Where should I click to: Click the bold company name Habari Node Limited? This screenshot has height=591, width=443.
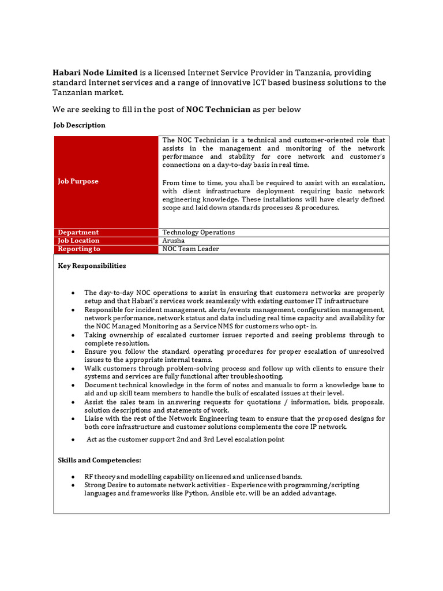[x=96, y=73]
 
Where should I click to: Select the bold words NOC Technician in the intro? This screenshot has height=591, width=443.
[x=218, y=109]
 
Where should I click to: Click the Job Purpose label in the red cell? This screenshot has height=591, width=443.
[x=78, y=181]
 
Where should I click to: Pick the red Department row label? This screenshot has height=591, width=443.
[x=78, y=232]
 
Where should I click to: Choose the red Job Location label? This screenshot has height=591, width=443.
[x=78, y=241]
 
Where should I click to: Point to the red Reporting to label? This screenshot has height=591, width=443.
[x=79, y=249]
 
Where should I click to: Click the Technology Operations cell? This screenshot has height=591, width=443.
[x=198, y=232]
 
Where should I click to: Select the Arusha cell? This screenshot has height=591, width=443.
[x=174, y=241]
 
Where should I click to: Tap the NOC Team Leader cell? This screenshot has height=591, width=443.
[x=190, y=249]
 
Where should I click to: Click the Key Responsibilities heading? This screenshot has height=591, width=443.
[x=92, y=266]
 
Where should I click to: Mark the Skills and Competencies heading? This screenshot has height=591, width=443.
[x=99, y=460]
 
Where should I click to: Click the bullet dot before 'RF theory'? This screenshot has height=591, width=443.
[x=72, y=477]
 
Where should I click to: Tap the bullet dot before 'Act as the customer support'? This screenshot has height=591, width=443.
[x=72, y=440]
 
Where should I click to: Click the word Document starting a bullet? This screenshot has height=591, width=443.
[x=101, y=385]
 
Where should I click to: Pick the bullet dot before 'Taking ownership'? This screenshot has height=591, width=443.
[x=72, y=335]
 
